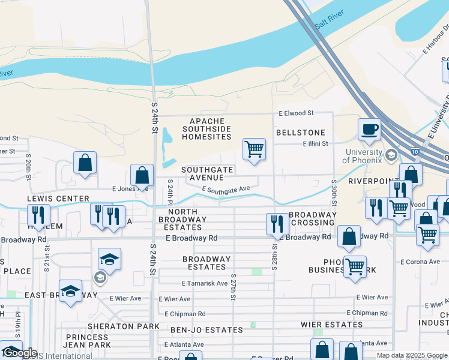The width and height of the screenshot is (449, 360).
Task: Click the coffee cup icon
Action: click(370, 128)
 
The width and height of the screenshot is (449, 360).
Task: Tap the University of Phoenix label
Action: click(363, 156)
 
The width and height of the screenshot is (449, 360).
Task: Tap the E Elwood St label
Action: click(296, 113)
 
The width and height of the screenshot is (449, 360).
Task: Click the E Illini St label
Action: click(316, 144)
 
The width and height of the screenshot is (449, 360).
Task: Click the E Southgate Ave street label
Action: click(226, 190)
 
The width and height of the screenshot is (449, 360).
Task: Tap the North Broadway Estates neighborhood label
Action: click(191, 220)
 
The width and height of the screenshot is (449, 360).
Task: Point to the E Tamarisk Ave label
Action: click(205, 283)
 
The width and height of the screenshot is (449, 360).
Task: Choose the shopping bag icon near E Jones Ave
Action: click(142, 176)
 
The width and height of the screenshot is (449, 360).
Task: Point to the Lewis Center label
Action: click(58, 199)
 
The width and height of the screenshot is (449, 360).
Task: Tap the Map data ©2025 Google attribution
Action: click(411, 355)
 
